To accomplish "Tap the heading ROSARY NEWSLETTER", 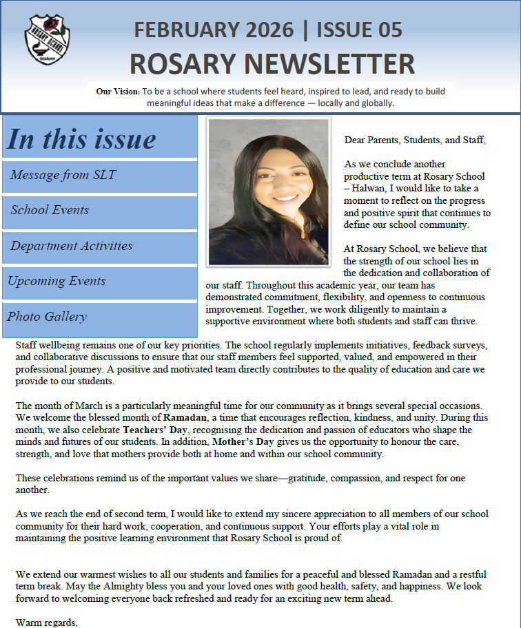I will (272, 64).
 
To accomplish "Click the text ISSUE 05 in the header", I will (360, 30).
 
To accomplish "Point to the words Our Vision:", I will (117, 91).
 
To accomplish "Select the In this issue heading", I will (81, 138).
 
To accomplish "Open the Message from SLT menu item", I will (63, 175).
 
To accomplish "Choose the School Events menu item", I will (50, 210).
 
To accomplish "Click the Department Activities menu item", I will (71, 246).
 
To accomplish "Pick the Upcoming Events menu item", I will (57, 281).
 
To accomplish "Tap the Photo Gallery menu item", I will (47, 317).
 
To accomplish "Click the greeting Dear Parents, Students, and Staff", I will (415, 140).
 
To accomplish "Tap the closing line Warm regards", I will (47, 623).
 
